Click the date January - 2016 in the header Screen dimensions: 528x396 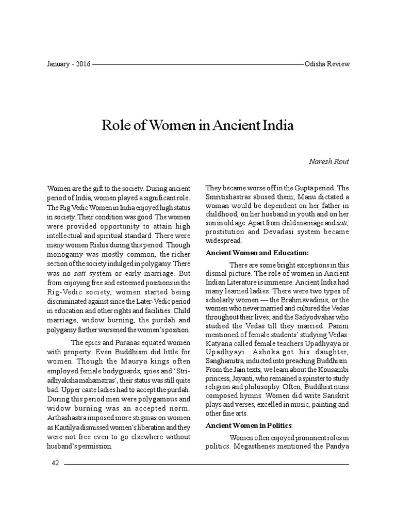(x=68, y=64)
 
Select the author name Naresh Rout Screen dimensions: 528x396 (x=329, y=162)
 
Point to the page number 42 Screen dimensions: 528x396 (x=55, y=464)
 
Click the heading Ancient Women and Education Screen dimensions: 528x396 (x=257, y=253)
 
